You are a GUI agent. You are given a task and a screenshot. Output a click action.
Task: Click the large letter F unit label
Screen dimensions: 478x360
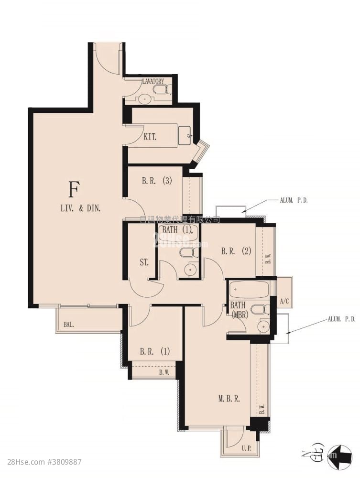point(73,190)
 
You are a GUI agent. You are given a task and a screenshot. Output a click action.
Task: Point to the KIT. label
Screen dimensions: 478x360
point(151,137)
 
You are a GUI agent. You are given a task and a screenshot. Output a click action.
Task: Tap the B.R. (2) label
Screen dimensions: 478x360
point(236,250)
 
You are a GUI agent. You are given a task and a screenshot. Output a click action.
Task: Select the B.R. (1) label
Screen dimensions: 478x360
point(154,351)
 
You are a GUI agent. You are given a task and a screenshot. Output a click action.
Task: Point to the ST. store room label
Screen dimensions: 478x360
point(144,262)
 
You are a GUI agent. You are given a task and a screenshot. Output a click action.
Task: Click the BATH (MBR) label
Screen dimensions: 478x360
point(239,310)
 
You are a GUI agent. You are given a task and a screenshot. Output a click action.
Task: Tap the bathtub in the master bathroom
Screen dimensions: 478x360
point(249,290)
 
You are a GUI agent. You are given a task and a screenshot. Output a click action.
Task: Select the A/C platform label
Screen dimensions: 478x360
point(284,301)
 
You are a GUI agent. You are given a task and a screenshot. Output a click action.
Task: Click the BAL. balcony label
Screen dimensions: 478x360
point(69,325)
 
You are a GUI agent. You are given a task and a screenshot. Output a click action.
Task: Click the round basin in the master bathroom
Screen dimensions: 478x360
point(262,326)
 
